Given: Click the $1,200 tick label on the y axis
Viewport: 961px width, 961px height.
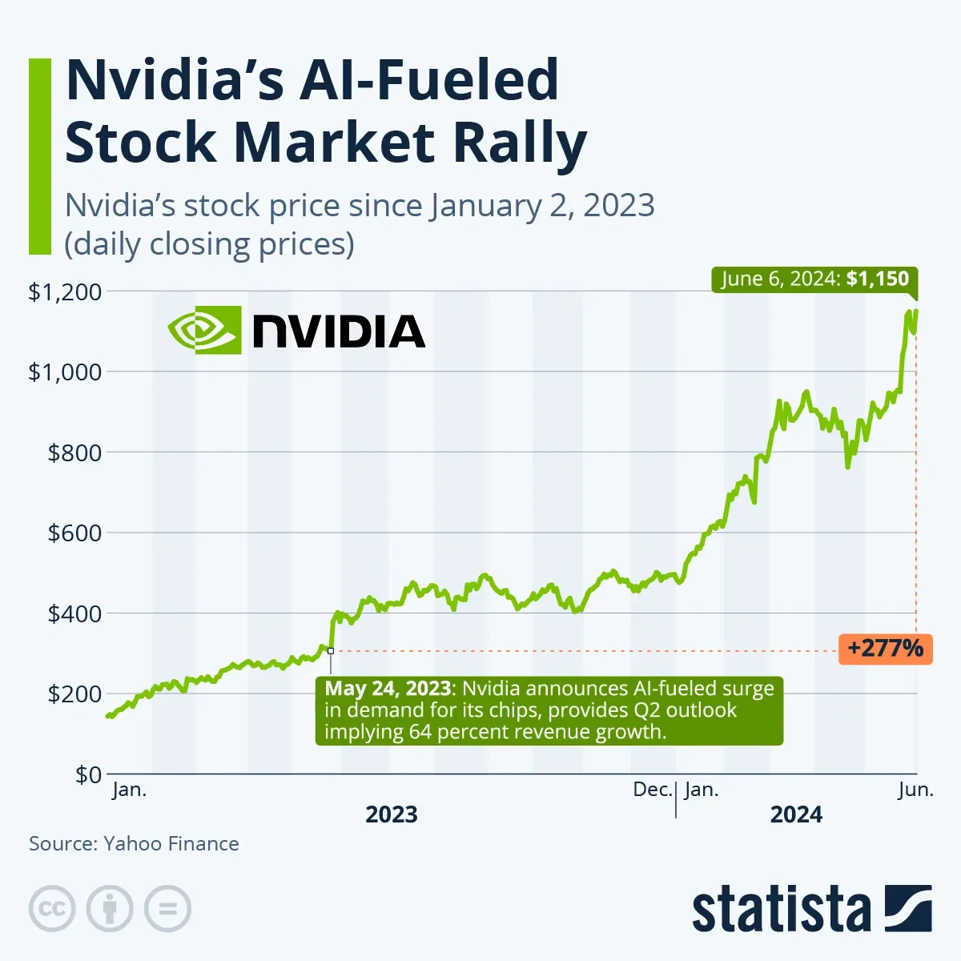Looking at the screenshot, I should click(x=66, y=292).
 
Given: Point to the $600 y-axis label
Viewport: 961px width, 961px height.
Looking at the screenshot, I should click(x=74, y=533).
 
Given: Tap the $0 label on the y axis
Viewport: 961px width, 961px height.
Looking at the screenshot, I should click(x=88, y=774).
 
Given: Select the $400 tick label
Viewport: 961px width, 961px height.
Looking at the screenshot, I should click(x=74, y=614).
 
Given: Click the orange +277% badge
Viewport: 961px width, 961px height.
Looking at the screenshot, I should click(x=885, y=648).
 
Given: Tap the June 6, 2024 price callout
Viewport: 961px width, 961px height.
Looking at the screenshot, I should click(x=814, y=279).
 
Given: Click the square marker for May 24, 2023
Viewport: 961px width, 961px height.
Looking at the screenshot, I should click(x=330, y=651).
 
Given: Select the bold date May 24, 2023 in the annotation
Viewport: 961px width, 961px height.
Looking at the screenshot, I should click(x=388, y=689).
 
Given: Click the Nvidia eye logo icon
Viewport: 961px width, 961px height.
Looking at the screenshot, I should click(x=204, y=329).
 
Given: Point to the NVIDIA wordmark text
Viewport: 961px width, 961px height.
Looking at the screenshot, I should click(x=338, y=331).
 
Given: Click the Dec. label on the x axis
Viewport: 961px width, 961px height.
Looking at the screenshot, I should click(x=652, y=790).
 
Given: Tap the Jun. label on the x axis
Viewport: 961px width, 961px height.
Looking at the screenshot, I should click(x=915, y=790).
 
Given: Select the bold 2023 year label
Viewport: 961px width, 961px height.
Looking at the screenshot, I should click(x=392, y=814).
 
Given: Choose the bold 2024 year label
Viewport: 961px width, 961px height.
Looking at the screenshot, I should click(x=796, y=814).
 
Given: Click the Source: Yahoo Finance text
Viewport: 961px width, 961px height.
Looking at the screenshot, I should click(x=134, y=843).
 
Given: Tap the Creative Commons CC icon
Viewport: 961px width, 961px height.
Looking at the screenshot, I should click(x=52, y=909).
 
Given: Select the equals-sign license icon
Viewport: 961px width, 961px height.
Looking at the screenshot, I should click(x=168, y=909).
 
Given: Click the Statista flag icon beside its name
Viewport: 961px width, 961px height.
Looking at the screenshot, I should click(x=908, y=908).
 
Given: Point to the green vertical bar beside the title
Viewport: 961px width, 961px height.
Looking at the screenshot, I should click(x=39, y=156).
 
